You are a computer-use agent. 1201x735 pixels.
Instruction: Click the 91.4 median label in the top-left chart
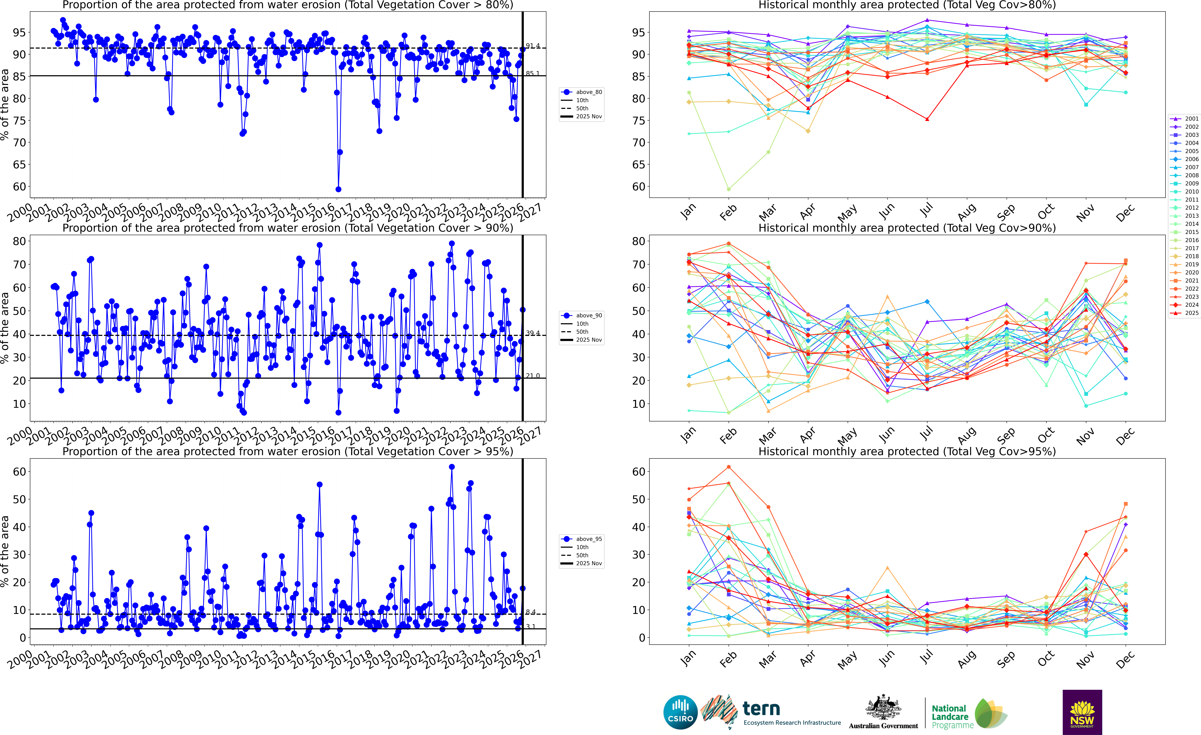pyautogui.click(x=532, y=46)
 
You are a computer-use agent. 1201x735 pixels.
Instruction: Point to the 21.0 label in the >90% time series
pyautogui.click(x=532, y=376)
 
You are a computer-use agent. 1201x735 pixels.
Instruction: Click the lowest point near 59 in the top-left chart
pyautogui.click(x=338, y=189)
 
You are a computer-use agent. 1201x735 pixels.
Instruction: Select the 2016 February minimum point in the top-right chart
pyautogui.click(x=729, y=189)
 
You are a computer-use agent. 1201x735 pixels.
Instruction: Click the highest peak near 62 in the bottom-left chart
pyautogui.click(x=452, y=467)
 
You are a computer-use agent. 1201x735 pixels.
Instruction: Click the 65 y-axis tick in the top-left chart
pyautogui.click(x=19, y=165)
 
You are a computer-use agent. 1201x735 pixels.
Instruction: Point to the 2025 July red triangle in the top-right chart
pyautogui.click(x=927, y=119)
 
